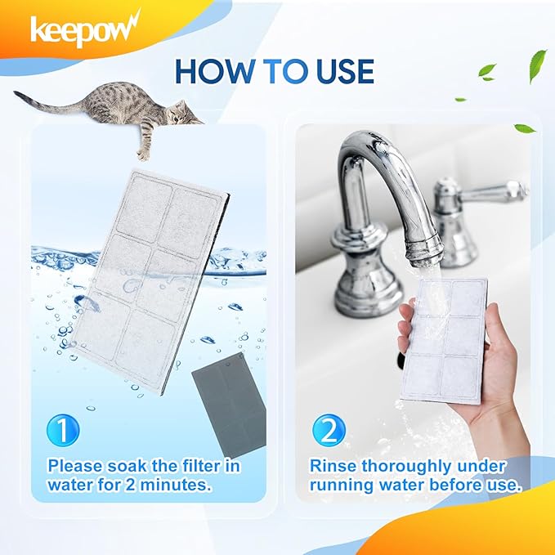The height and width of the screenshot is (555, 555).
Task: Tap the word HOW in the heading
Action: [x=215, y=71]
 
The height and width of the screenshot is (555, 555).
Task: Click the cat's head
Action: [x=180, y=113]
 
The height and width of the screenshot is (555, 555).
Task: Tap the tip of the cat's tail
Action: [x=16, y=92]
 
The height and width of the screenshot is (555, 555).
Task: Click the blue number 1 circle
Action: [x=63, y=430]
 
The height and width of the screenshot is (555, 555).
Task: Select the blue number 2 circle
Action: [x=329, y=431]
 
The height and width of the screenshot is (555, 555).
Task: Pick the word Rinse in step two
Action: [x=333, y=466]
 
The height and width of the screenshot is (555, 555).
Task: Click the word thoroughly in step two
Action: [x=406, y=468]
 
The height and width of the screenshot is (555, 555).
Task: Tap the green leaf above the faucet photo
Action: [x=525, y=128]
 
